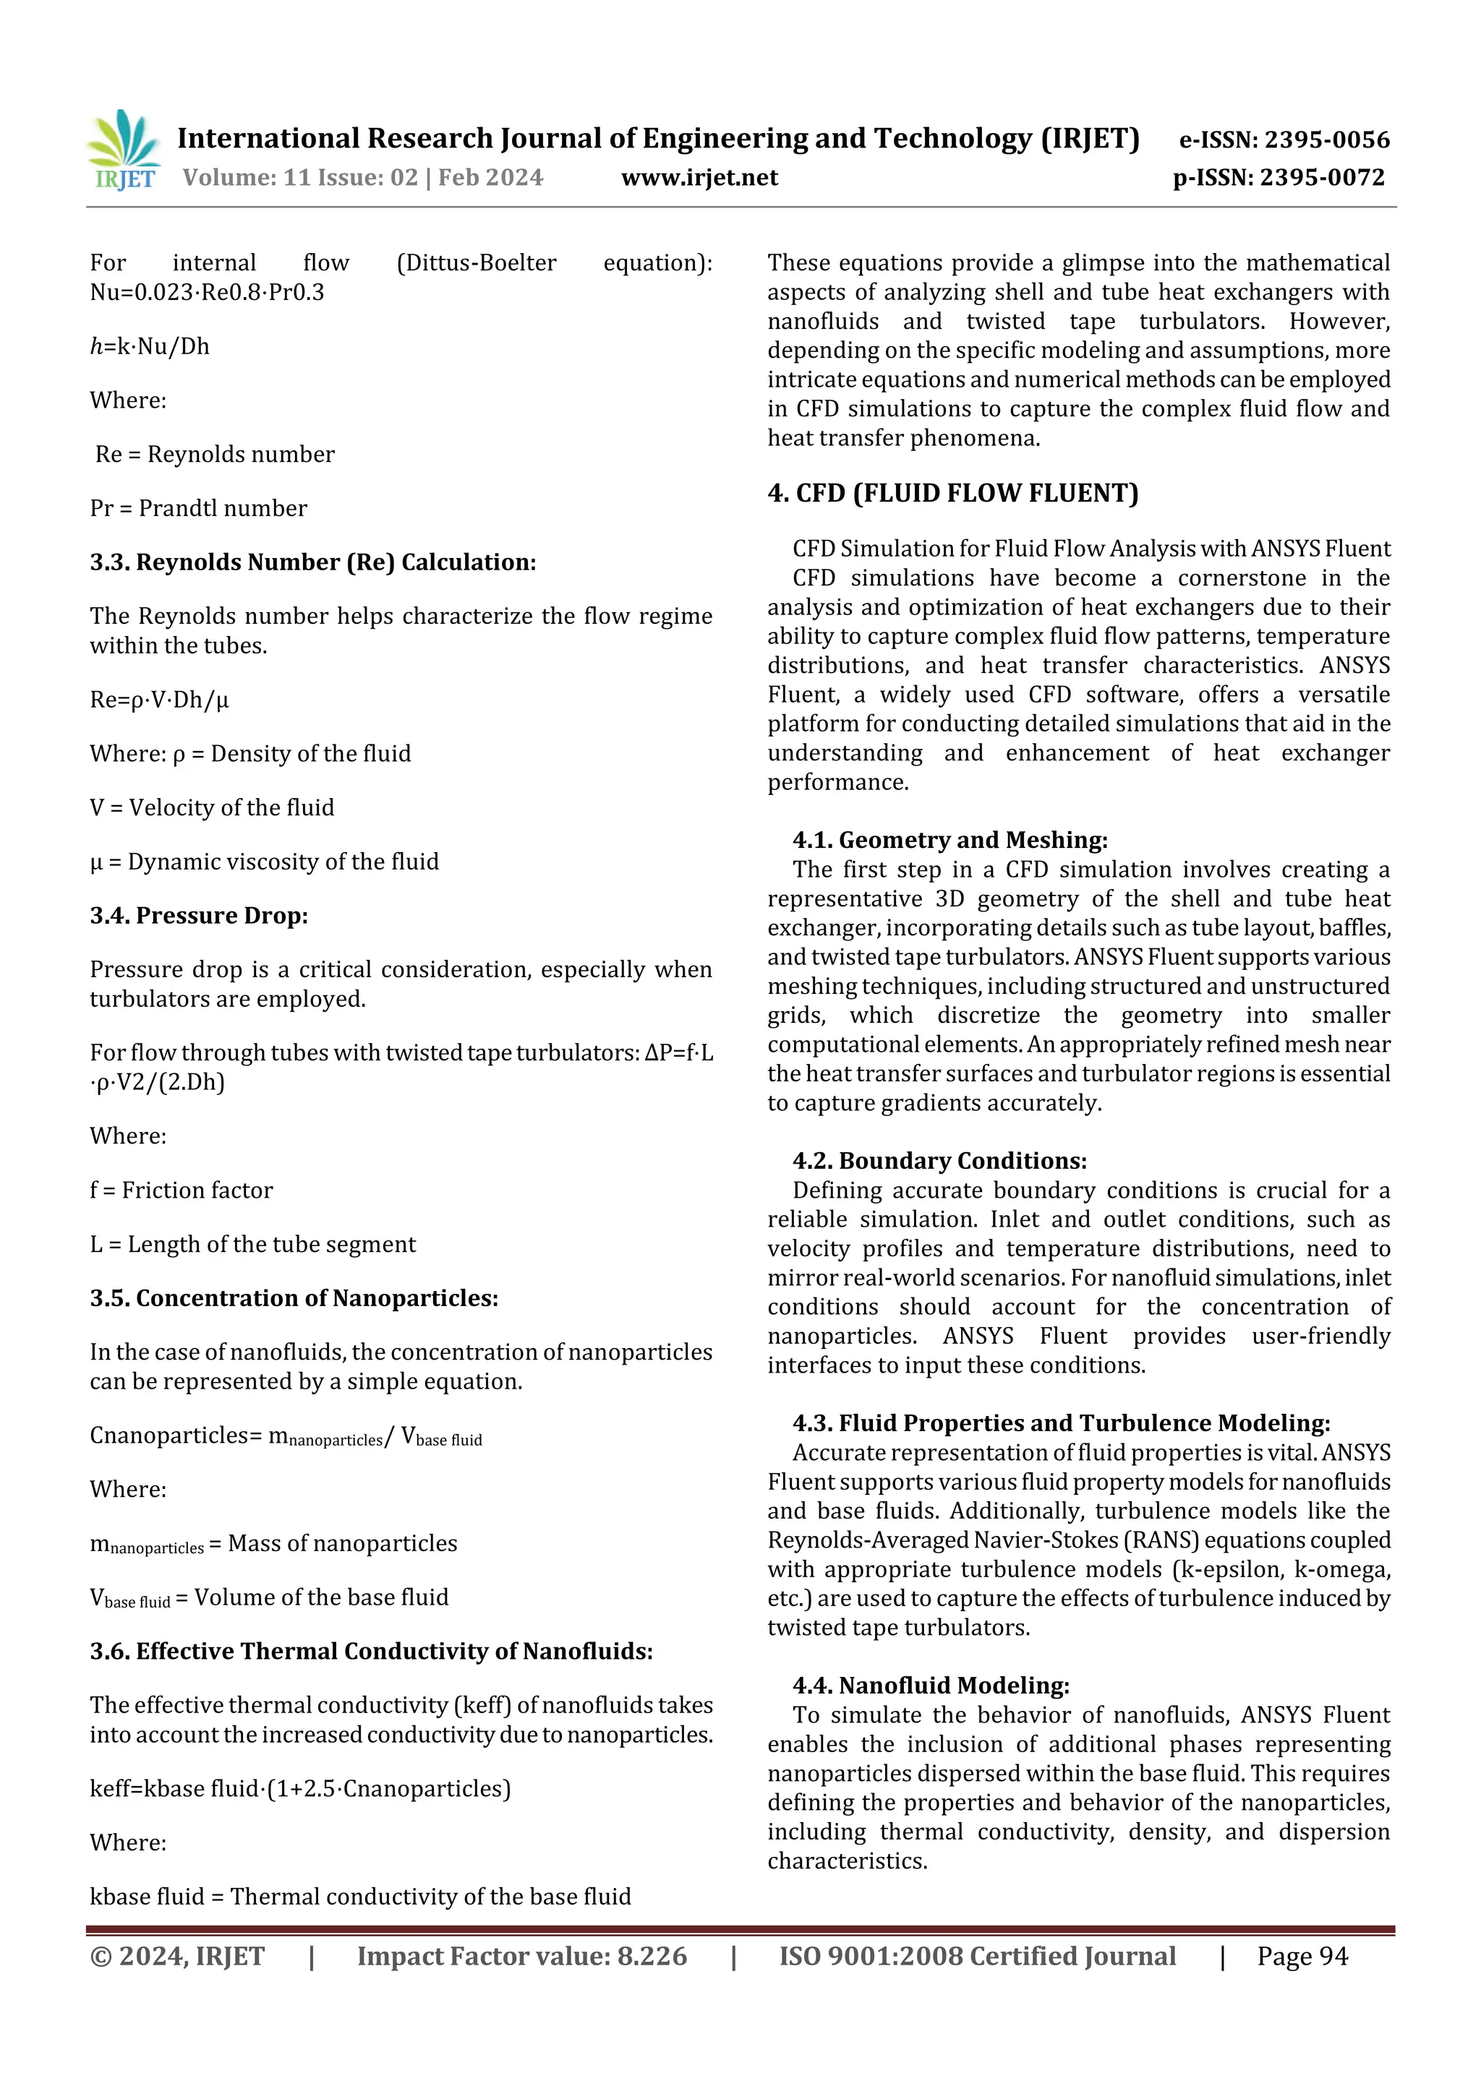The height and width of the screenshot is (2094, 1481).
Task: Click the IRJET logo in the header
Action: tap(124, 150)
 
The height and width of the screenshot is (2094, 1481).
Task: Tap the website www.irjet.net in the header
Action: tap(699, 177)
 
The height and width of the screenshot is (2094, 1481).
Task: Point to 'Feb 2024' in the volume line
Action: tap(490, 177)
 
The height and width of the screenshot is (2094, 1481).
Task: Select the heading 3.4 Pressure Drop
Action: tap(199, 915)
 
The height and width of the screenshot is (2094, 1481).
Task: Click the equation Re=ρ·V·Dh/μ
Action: tap(160, 700)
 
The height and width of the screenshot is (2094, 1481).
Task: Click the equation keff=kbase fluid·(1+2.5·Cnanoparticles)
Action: tap(300, 1788)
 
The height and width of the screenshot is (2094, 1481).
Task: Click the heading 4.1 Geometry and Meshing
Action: tap(950, 839)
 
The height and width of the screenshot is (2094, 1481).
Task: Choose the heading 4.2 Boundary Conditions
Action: tap(940, 1160)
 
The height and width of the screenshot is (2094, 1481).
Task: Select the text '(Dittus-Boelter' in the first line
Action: tap(477, 262)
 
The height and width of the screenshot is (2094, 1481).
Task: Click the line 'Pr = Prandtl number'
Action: tap(198, 508)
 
